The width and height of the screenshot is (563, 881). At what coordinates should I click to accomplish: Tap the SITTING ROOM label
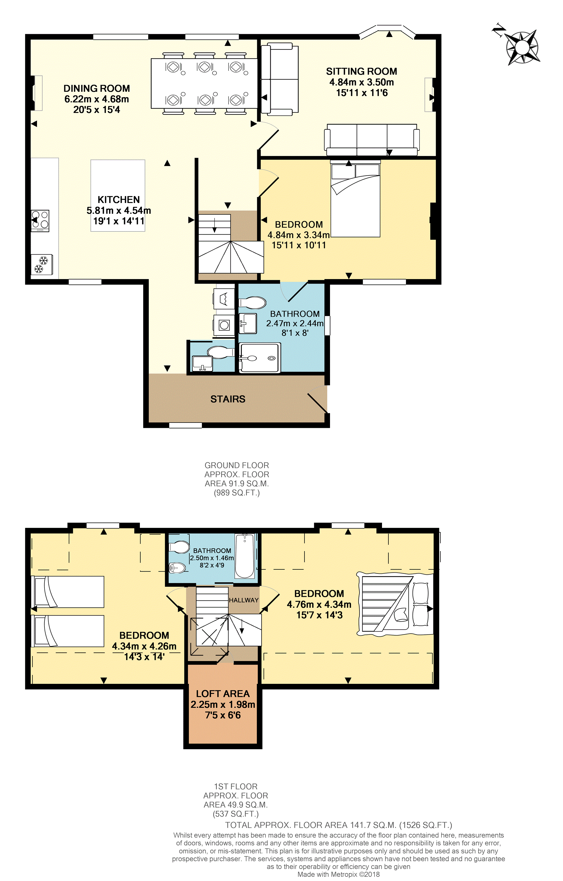[361, 71]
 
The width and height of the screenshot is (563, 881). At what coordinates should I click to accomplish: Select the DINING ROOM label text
[96, 88]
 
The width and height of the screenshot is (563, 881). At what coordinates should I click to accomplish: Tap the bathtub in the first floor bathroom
[244, 556]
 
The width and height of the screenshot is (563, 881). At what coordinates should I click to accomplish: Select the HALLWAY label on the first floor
[244, 600]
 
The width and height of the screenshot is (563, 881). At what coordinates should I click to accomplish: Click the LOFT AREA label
[223, 694]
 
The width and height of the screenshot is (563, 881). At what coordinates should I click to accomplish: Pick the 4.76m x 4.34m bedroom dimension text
[319, 604]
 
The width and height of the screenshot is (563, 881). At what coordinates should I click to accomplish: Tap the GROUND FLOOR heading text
[237, 465]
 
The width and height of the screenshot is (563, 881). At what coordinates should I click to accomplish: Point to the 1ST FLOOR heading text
[235, 786]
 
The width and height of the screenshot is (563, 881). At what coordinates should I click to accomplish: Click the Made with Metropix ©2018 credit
[338, 874]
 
